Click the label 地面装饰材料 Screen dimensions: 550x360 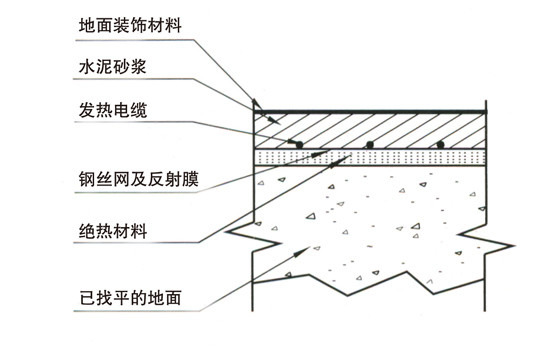(130, 25)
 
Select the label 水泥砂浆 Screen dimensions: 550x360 (112, 66)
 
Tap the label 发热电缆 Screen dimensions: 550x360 (113, 110)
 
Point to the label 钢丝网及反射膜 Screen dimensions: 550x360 (139, 179)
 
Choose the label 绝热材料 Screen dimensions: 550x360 (113, 231)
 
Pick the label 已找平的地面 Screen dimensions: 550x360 (130, 298)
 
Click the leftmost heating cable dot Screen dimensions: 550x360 (299, 144)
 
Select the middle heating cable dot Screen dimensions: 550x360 (369, 144)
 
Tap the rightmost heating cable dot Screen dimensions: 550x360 (440, 144)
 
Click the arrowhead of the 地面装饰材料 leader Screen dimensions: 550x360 (257, 104)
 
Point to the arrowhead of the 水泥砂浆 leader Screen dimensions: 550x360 (275, 120)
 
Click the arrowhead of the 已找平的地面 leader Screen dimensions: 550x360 (301, 252)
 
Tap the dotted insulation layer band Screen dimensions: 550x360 (370, 157)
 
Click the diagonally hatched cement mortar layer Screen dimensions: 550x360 (370, 131)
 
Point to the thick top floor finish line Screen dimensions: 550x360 (370, 112)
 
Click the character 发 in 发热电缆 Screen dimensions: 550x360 (87, 110)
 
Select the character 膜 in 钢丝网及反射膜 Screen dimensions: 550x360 (190, 179)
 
